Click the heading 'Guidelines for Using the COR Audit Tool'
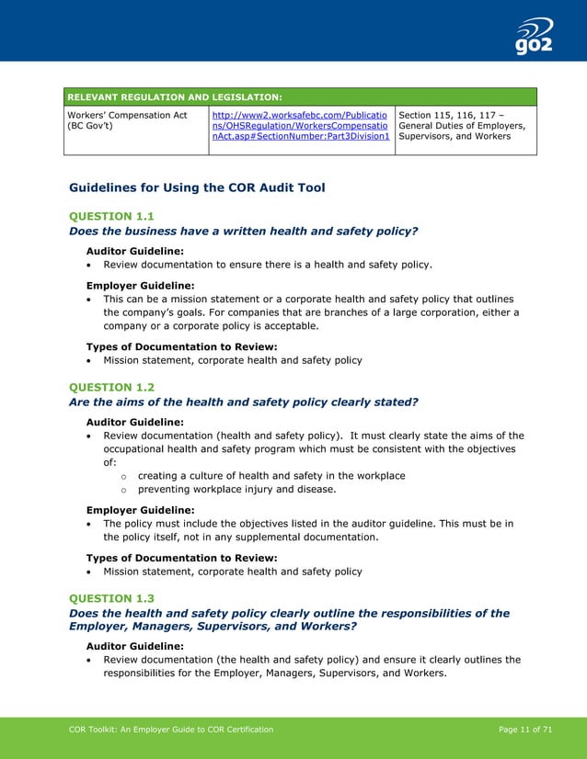(197, 187)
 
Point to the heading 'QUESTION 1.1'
(111, 216)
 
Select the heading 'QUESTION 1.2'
(111, 387)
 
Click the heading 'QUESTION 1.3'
(111, 598)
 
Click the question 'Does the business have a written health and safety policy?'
(244, 232)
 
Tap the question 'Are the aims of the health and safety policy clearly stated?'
(244, 402)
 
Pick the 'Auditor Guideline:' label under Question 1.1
(134, 250)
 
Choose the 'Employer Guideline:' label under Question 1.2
(140, 510)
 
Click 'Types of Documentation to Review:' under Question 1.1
(181, 346)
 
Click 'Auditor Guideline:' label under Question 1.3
(134, 646)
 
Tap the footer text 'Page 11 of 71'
(524, 730)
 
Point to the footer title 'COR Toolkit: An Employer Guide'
(171, 730)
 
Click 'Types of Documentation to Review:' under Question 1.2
(181, 558)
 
